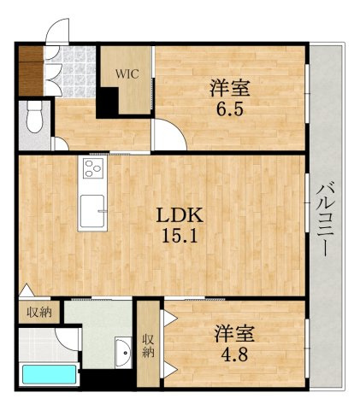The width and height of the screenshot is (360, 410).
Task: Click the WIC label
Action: pos(127,73)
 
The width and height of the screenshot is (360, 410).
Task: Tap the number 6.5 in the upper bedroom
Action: pos(230,109)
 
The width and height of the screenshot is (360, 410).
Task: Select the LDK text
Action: pos(180,216)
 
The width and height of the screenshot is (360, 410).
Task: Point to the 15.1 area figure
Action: pos(180,236)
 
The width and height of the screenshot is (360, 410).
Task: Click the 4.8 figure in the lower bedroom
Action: pos(235,354)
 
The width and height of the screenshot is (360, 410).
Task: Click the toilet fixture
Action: pos(34,117)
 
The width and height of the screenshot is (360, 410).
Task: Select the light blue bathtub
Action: pos(49,375)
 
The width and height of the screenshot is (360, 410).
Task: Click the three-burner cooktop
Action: pos(93,168)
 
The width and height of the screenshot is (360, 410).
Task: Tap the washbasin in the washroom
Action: pos(123,352)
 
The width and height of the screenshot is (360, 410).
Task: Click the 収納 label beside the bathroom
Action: pos(39,313)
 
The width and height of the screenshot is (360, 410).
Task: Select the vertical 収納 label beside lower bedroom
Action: pos(148,346)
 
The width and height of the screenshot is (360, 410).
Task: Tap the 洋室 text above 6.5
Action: pos(230,88)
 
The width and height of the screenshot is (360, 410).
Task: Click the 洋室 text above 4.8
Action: pos(234,333)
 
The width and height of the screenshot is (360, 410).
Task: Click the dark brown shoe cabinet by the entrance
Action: pos(31,71)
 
